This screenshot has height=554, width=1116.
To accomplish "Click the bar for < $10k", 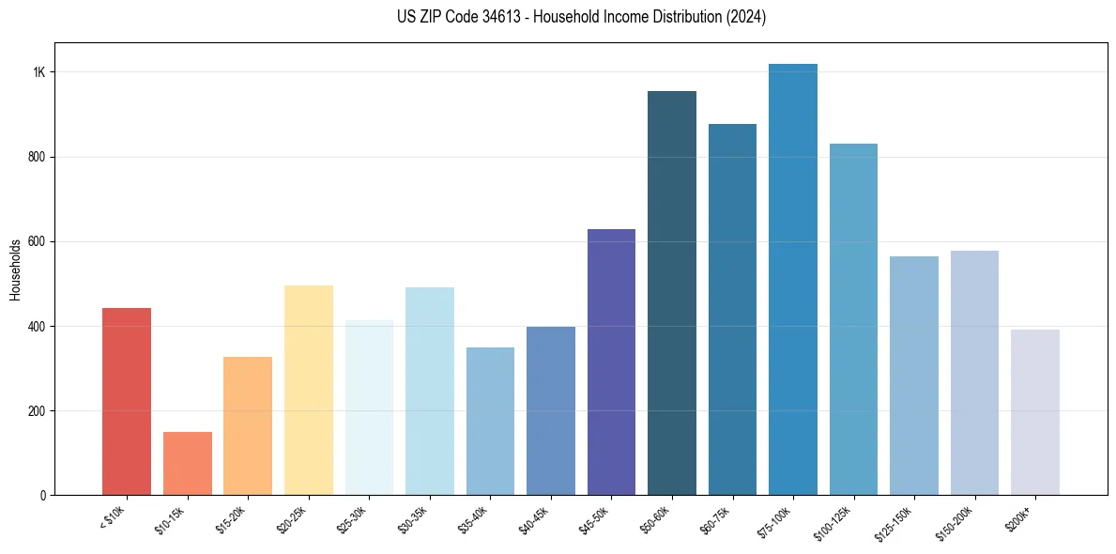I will [x=127, y=402].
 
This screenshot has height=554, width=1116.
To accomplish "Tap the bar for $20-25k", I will [x=308, y=391].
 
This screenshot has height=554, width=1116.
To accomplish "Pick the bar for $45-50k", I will [x=611, y=362].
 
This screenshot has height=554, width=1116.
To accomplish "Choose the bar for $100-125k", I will [x=853, y=319].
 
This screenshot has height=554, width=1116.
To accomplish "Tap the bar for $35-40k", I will [x=490, y=422].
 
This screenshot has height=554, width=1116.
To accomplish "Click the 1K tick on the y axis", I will [x=38, y=72].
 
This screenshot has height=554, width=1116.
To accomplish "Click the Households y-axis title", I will [x=15, y=269].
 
